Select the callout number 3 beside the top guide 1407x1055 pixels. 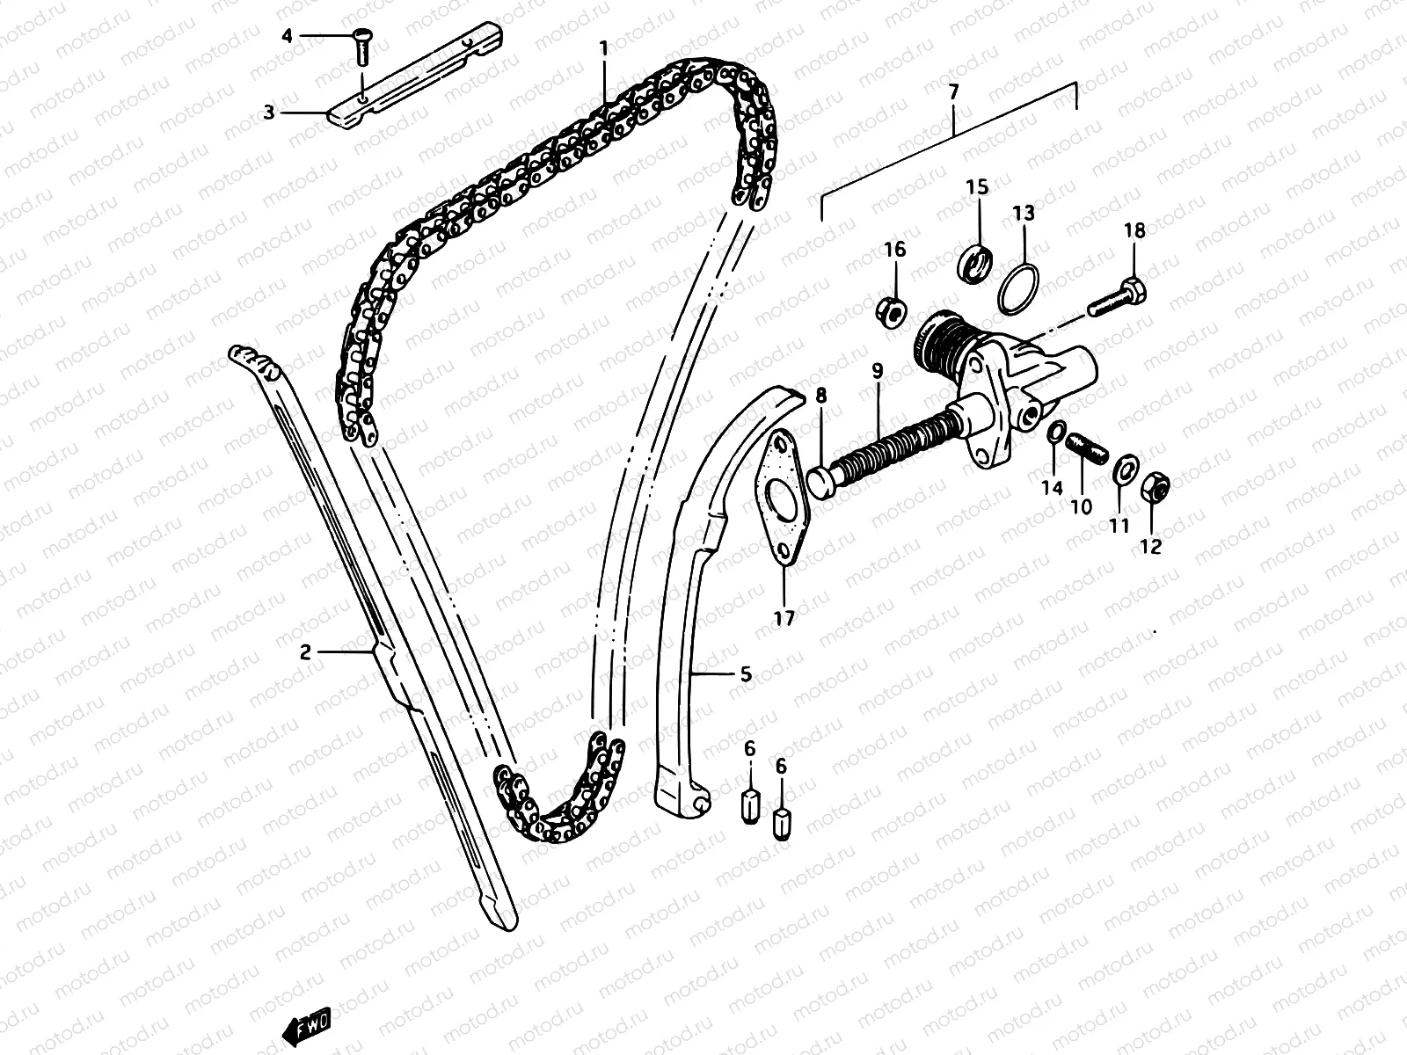[269, 113]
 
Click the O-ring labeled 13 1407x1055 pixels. [1020, 287]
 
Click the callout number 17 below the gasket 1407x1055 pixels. [784, 618]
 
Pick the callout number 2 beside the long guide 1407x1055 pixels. [305, 652]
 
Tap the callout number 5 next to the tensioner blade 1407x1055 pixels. [745, 674]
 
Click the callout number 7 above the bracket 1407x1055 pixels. [955, 91]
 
